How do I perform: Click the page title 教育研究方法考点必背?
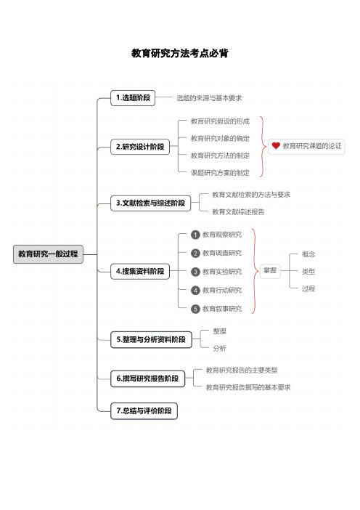(x=180, y=53)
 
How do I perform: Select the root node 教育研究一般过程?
(x=48, y=254)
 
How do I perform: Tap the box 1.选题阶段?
(x=133, y=98)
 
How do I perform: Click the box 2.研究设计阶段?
(x=140, y=147)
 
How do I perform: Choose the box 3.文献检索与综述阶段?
(x=150, y=203)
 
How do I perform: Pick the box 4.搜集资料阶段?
(x=140, y=271)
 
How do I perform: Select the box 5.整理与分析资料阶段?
(x=151, y=339)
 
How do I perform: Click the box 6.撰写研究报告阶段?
(x=147, y=379)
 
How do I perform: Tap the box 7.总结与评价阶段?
(x=144, y=410)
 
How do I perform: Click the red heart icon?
(x=276, y=146)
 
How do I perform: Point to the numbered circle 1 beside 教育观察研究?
(x=195, y=235)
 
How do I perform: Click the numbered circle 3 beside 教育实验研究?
(x=195, y=272)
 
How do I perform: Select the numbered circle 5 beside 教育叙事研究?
(x=195, y=309)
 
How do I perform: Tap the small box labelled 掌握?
(x=270, y=270)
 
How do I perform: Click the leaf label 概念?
(x=308, y=254)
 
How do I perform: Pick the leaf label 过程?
(x=308, y=288)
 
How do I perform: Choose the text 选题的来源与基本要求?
(x=209, y=98)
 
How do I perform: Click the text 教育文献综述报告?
(x=238, y=211)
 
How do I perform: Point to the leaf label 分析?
(x=220, y=348)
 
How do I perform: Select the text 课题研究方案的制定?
(x=220, y=173)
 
